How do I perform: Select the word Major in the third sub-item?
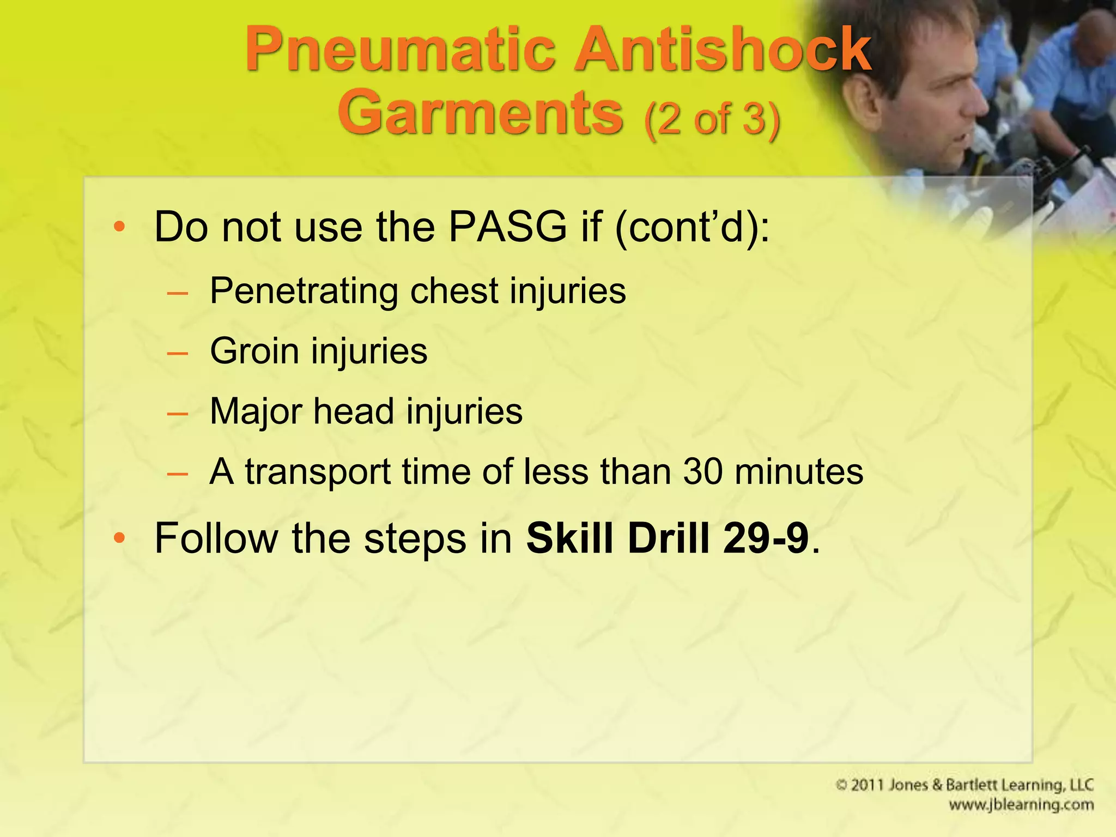pyautogui.click(x=255, y=411)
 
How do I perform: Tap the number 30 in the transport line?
pyautogui.click(x=703, y=471)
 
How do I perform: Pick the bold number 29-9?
pyautogui.click(x=766, y=538)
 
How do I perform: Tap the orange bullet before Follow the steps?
pyautogui.click(x=119, y=539)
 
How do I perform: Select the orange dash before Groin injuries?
pyautogui.click(x=178, y=354)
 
